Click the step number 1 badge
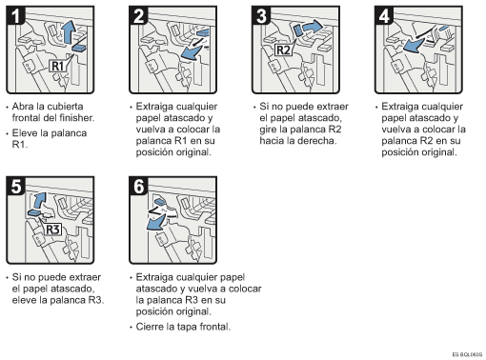[16, 16]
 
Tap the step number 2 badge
[138, 16]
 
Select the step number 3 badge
[261, 16]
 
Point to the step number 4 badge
[384, 16]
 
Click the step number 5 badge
[16, 187]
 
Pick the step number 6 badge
[138, 187]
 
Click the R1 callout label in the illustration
[57, 66]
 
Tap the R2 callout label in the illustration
[283, 50]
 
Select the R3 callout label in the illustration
[52, 230]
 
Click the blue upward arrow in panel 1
[68, 31]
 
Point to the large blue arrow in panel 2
[192, 52]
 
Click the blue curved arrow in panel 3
[313, 26]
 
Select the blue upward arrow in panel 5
[40, 200]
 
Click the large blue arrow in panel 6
[155, 222]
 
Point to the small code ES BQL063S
[467, 354]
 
